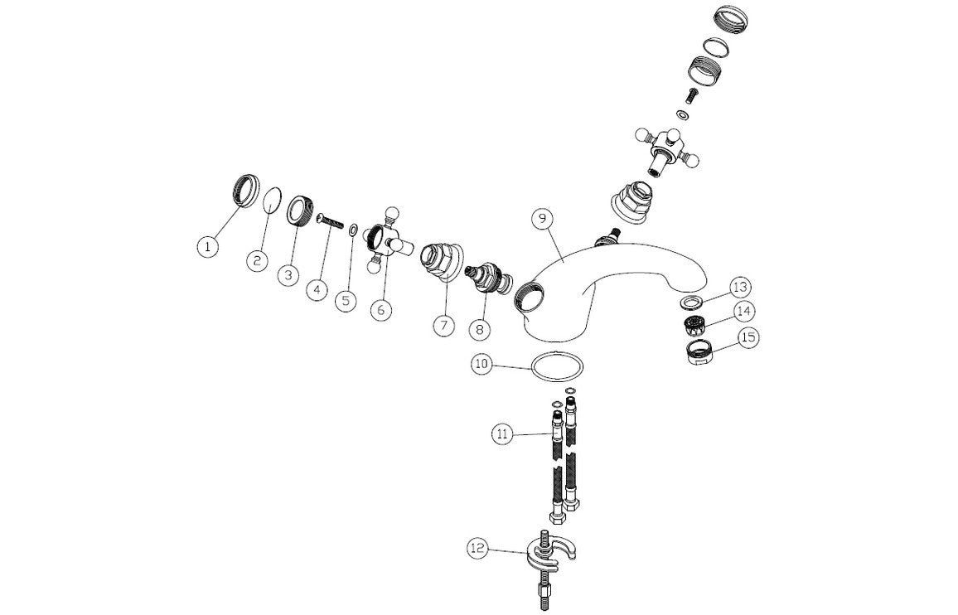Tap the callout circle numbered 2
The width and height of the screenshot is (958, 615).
pyautogui.click(x=258, y=259)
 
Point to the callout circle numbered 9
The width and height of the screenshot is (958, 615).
pyautogui.click(x=542, y=220)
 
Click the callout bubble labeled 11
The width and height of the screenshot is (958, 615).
pyautogui.click(x=502, y=433)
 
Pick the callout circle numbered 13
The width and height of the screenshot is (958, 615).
pyautogui.click(x=740, y=287)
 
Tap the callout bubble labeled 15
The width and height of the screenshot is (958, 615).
pyautogui.click(x=748, y=337)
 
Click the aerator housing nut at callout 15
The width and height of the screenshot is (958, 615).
pyautogui.click(x=698, y=352)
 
